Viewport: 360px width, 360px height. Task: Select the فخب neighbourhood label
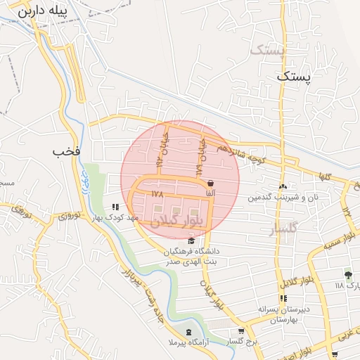pos(67,151)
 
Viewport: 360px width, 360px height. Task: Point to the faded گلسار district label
pos(284,228)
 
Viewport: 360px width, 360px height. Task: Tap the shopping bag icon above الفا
pos(210,184)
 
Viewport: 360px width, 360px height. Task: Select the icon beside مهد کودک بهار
pos(115,207)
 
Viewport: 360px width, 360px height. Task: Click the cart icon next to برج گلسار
pos(241,331)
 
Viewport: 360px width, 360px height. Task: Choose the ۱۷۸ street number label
pos(156,191)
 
